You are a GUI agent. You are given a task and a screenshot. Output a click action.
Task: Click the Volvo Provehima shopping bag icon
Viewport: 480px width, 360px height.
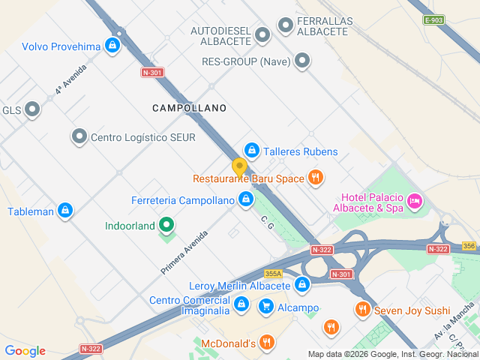click(x=112, y=46)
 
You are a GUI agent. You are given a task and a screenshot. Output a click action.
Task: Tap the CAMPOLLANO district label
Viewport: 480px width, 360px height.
click(x=189, y=108)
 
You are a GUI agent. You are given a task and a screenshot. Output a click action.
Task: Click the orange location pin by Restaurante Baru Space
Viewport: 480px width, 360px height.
click(x=239, y=167)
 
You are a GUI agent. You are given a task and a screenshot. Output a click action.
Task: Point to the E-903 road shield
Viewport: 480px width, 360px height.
click(x=433, y=20)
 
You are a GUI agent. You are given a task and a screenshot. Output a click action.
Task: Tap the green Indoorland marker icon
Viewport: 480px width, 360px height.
click(x=166, y=225)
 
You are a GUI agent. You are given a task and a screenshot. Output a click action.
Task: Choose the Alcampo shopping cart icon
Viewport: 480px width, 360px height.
click(x=265, y=307)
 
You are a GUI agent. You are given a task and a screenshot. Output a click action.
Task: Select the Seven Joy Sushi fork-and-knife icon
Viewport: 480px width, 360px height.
click(x=362, y=310)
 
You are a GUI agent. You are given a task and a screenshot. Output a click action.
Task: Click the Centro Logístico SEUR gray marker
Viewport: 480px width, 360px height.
click(x=79, y=136)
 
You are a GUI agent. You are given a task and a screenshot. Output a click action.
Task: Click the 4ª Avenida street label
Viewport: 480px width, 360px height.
click(x=70, y=79)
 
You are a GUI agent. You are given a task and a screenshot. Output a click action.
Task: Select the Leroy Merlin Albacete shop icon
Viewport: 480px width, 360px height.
click(x=301, y=286)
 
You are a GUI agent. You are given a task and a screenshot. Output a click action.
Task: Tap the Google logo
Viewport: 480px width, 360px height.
click(x=25, y=351)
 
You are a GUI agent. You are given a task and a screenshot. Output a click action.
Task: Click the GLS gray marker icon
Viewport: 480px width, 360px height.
click(x=32, y=110)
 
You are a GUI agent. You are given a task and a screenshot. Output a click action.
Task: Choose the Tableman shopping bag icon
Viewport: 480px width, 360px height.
click(x=65, y=211)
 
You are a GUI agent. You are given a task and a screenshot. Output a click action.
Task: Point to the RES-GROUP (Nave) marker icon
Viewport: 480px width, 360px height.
click(x=302, y=61)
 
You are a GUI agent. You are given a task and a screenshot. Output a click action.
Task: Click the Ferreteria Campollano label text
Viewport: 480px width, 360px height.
click(x=183, y=200)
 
